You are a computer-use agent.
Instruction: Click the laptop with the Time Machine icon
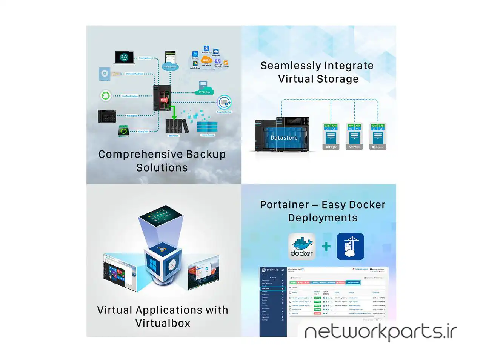124,57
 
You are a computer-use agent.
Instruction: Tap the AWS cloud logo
206,60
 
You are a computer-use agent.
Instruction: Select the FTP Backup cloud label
204,92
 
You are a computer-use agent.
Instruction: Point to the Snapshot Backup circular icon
224,102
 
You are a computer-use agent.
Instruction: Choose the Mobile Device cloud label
170,67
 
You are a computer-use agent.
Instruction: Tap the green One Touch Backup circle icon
106,96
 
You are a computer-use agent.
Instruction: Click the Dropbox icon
195,54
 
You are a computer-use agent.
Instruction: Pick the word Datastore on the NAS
284,138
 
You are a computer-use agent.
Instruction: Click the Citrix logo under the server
331,147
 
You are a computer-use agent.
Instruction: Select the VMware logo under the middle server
354,147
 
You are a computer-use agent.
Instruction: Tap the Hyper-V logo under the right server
378,147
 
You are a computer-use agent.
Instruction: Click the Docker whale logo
302,246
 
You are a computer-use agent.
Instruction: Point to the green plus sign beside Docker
326,247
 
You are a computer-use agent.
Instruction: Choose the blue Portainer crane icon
350,247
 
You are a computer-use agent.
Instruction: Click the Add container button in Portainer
353,282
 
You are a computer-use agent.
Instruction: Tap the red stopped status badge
317,313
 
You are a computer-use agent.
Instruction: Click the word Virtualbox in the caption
163,323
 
